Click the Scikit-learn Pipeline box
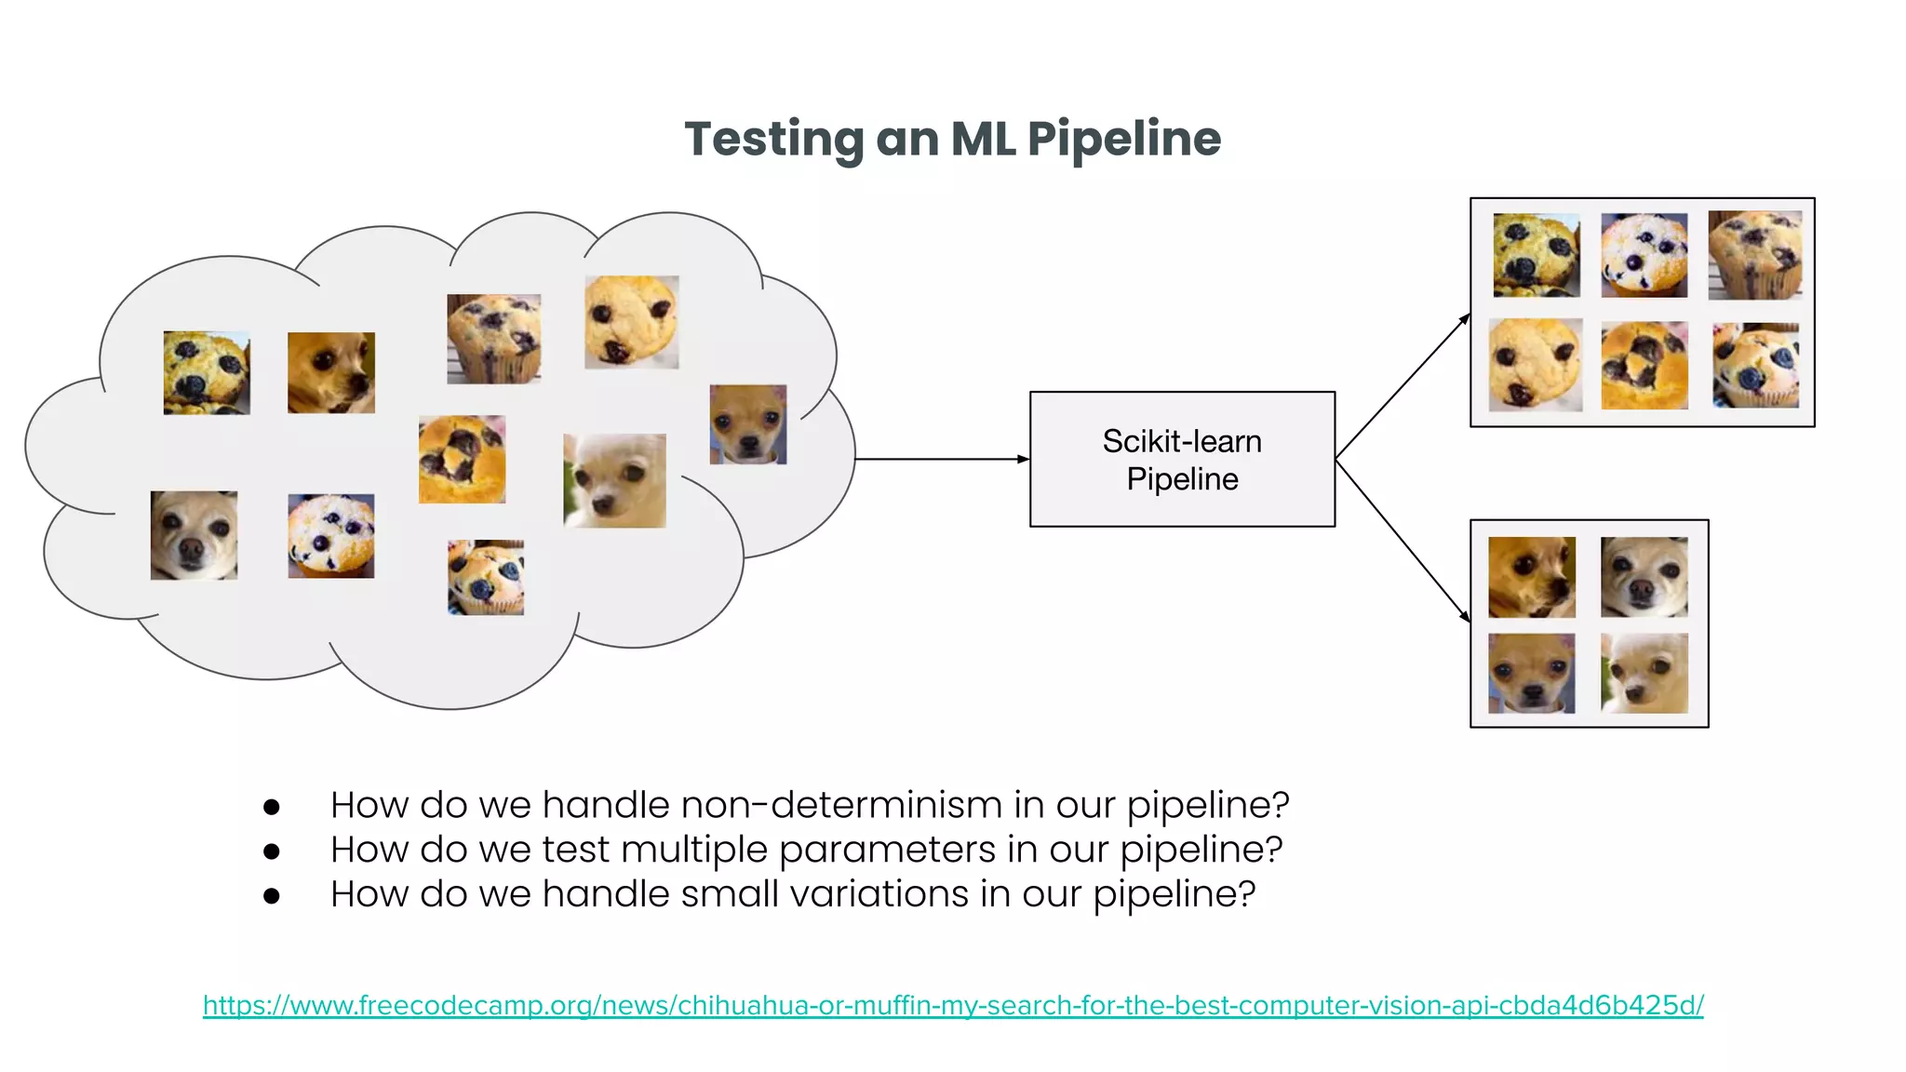tap(1182, 460)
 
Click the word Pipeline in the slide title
tap(1123, 140)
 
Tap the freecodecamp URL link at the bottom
tap(953, 1005)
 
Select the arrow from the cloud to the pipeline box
tap(940, 459)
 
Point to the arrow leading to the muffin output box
tap(1403, 386)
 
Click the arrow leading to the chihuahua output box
tap(1403, 540)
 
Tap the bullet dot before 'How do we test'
tap(272, 851)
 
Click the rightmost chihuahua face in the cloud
tap(748, 424)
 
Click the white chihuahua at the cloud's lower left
tap(194, 536)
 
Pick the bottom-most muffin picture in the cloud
tap(486, 577)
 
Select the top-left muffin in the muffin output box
tap(1536, 255)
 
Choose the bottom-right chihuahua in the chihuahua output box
tap(1644, 674)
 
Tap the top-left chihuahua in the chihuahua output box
tap(1532, 577)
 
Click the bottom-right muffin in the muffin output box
tap(1755, 366)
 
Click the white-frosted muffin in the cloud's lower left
tap(331, 536)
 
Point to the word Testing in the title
tap(773, 140)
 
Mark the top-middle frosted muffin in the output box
tap(1644, 255)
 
